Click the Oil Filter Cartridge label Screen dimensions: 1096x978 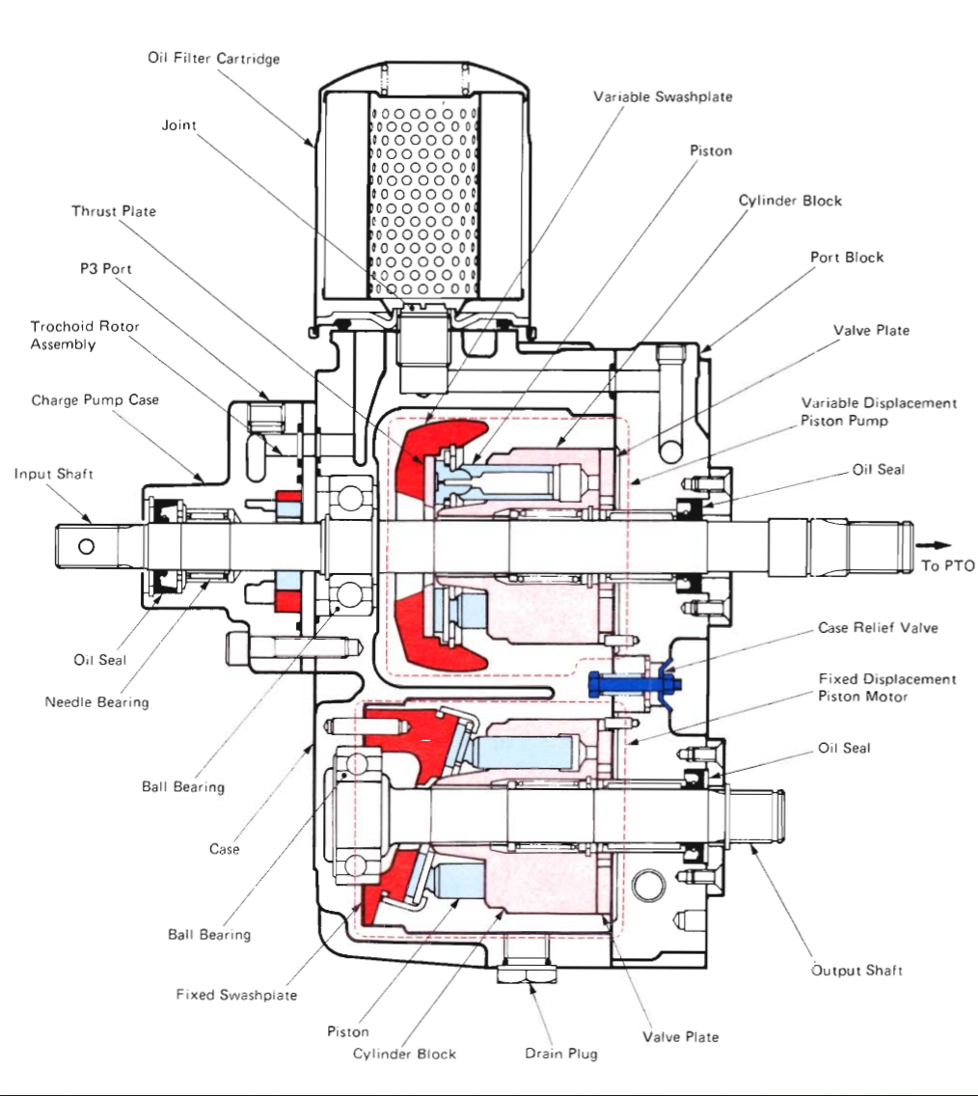(x=213, y=59)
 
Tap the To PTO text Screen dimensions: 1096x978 (x=948, y=565)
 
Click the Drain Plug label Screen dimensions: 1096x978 (x=560, y=1053)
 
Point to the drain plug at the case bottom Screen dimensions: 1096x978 (x=527, y=973)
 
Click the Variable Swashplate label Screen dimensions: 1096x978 (x=663, y=96)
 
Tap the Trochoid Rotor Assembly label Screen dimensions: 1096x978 (x=85, y=336)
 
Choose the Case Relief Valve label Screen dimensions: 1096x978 (x=878, y=628)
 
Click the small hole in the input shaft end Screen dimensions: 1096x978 (x=87, y=547)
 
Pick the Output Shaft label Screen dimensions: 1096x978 (x=856, y=970)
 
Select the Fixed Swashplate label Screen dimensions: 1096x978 (x=236, y=995)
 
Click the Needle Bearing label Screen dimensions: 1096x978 (x=96, y=702)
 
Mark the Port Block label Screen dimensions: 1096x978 (x=847, y=258)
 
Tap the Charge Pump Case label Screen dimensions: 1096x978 (x=95, y=399)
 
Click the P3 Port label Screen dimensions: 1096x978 (x=105, y=269)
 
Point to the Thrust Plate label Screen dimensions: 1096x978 (x=113, y=211)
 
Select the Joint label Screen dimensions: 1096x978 (x=178, y=126)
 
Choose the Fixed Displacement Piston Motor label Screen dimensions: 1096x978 (x=886, y=688)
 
